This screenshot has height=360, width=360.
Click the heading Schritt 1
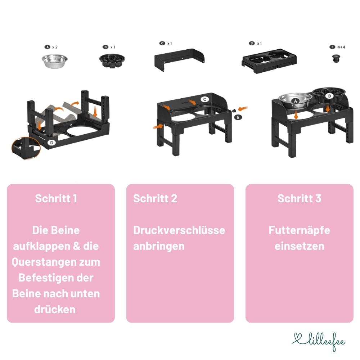coord(56,198)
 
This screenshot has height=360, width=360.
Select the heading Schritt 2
coord(155,198)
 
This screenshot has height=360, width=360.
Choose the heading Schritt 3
coord(299,198)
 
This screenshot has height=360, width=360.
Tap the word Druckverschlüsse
coord(179,230)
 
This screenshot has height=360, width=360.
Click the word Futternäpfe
coord(299,230)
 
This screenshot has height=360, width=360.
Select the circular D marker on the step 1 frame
coord(52,143)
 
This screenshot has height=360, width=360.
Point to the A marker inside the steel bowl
coord(296,102)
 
